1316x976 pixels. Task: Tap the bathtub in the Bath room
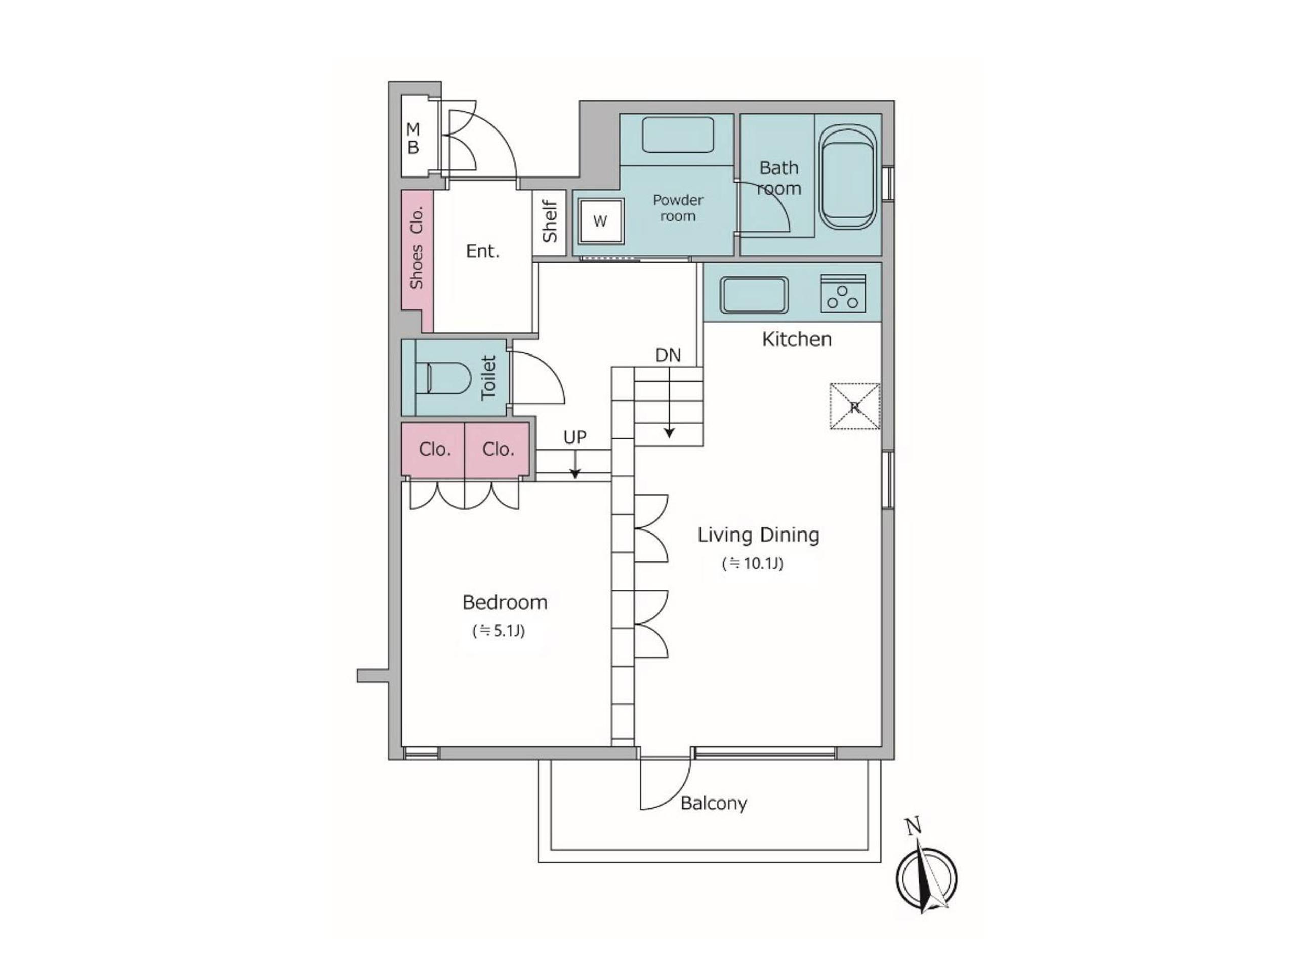pyautogui.click(x=848, y=177)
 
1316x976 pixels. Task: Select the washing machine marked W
pyautogui.click(x=601, y=221)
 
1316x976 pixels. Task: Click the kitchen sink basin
pyautogui.click(x=754, y=295)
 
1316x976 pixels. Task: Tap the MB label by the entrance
pyautogui.click(x=413, y=138)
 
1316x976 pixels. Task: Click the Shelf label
pyautogui.click(x=550, y=221)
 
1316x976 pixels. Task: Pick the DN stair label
pyautogui.click(x=668, y=355)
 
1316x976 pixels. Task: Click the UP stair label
pyautogui.click(x=574, y=437)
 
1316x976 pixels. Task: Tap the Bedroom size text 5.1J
pyautogui.click(x=499, y=631)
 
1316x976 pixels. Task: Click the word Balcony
pyautogui.click(x=714, y=804)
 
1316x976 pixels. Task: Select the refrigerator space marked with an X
pyautogui.click(x=855, y=407)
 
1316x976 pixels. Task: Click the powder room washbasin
pyautogui.click(x=678, y=135)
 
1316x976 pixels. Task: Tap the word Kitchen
pyautogui.click(x=796, y=339)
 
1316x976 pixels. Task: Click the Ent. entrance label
pyautogui.click(x=482, y=252)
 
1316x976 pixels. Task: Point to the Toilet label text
pyautogui.click(x=488, y=378)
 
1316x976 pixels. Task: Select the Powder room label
pyautogui.click(x=678, y=208)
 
